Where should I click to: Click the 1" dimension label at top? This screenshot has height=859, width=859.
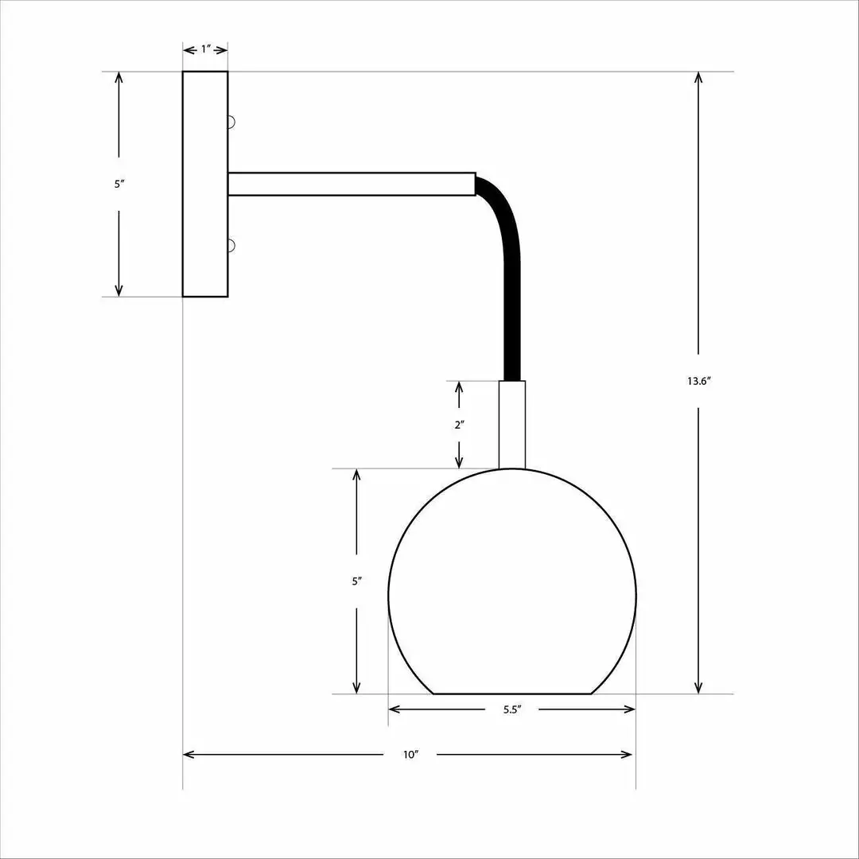205,49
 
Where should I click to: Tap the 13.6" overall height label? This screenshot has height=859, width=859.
698,381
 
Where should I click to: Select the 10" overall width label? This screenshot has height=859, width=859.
410,755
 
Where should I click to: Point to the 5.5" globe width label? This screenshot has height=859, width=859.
511,709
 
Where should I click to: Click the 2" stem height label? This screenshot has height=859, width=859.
459,425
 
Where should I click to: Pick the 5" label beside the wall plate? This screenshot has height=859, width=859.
119,184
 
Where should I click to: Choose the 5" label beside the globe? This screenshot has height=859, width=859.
357,581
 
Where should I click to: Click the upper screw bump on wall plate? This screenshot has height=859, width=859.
231,122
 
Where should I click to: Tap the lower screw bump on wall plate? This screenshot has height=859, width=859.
231,245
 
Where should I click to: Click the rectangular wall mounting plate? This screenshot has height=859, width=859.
205,184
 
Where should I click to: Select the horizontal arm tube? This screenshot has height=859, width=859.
350,184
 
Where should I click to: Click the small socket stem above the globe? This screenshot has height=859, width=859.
511,425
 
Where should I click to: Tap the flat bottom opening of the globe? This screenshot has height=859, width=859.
511,694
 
